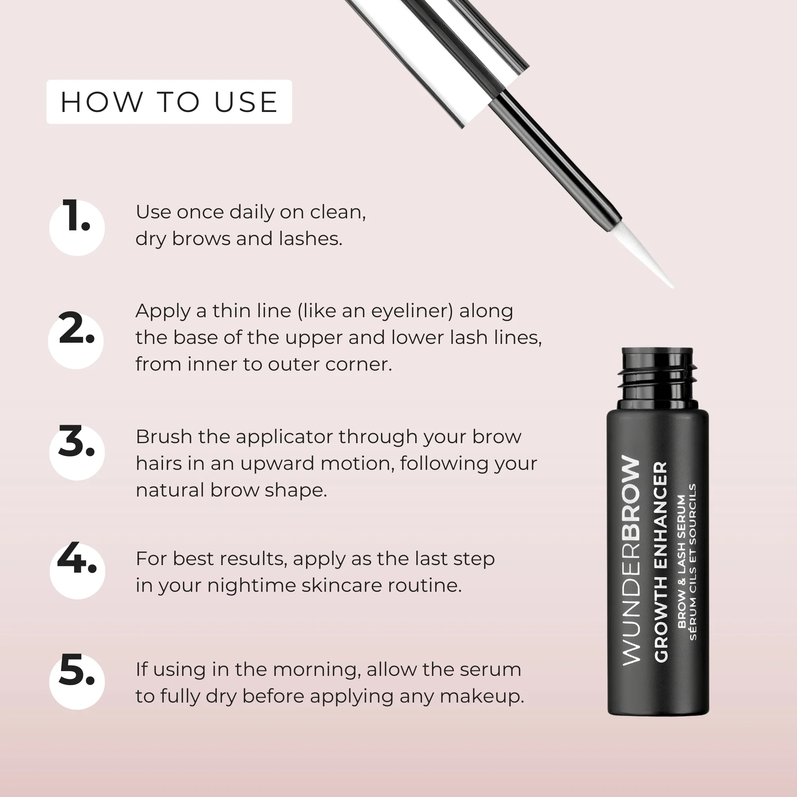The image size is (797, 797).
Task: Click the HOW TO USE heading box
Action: click(169, 102)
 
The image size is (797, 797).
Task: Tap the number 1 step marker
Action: click(77, 226)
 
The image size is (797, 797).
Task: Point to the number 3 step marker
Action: click(77, 452)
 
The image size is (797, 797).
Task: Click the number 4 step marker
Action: click(77, 570)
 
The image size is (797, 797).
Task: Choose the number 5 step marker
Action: click(77, 681)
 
